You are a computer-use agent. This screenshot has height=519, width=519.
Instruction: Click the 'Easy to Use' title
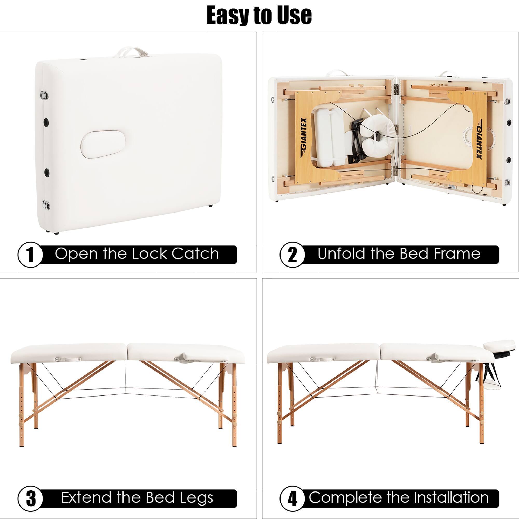pyautogui.click(x=259, y=16)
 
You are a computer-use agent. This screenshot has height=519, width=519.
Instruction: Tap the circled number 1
pyautogui.click(x=30, y=255)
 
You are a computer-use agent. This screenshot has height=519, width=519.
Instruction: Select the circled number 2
pyautogui.click(x=292, y=255)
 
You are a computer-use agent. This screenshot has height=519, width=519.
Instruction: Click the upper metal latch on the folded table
pyautogui.click(x=44, y=94)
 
